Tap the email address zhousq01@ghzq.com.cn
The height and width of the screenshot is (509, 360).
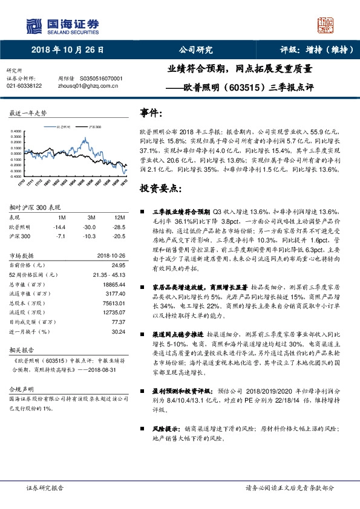click(x=87, y=86)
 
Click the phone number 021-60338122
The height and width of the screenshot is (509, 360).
click(x=24, y=86)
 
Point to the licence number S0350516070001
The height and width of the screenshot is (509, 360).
click(x=102, y=79)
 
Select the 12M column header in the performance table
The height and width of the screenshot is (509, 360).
click(x=119, y=217)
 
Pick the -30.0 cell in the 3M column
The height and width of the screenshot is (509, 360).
click(x=92, y=226)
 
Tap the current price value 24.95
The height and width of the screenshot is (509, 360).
click(x=118, y=264)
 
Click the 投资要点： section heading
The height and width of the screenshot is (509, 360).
click(x=160, y=189)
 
